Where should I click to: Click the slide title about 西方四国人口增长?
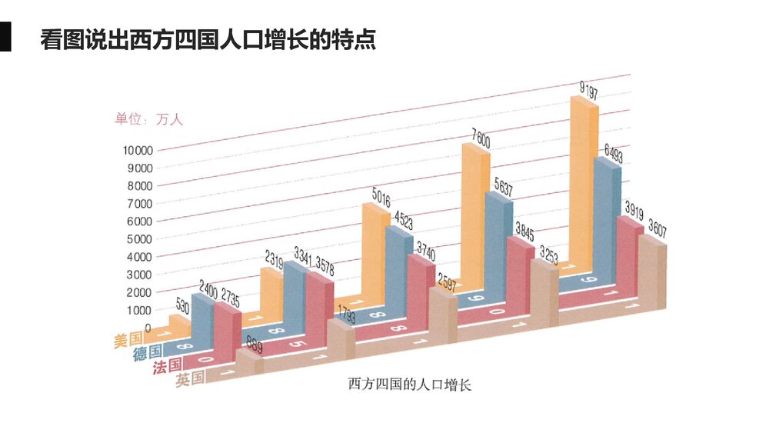208,40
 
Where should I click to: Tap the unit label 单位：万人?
149,119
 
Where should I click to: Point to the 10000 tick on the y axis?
138,150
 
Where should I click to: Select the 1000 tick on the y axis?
141,310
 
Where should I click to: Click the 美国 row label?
128,338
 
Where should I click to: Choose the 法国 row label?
168,366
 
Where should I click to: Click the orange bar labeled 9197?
583,185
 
